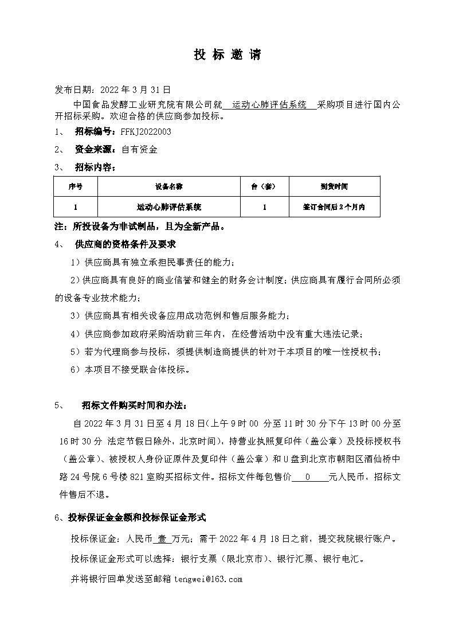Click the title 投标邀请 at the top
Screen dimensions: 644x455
(227, 55)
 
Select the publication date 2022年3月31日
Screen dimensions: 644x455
(135, 90)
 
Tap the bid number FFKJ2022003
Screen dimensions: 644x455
(146, 131)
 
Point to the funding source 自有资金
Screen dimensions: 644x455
(139, 150)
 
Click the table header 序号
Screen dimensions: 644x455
(76, 187)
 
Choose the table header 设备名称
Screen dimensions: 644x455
(168, 187)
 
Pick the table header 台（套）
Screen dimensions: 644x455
(264, 187)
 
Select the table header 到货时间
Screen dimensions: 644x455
(334, 187)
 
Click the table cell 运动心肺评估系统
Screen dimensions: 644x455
(168, 206)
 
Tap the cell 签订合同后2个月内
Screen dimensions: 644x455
(334, 206)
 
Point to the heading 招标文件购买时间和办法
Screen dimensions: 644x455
(134, 405)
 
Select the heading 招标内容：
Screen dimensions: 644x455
(95, 167)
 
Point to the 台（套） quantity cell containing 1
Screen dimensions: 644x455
(264, 206)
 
